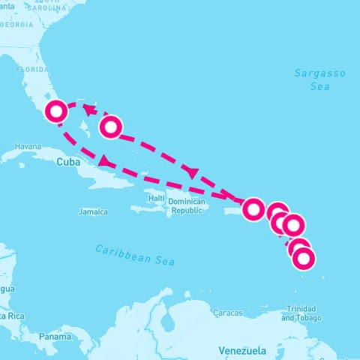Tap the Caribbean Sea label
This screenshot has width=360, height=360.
[x=135, y=255]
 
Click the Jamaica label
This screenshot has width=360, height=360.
[x=93, y=212]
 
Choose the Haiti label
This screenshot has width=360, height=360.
[x=156, y=198]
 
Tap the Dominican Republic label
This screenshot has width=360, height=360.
[x=186, y=206]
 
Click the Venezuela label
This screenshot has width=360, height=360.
[x=242, y=350]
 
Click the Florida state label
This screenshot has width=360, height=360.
[x=32, y=69]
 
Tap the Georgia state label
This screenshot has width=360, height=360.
[x=17, y=25]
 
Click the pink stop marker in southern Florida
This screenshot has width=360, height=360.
[x=56, y=112]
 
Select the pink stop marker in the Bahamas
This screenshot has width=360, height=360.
[x=110, y=127]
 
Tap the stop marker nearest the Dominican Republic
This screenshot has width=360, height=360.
[x=254, y=208]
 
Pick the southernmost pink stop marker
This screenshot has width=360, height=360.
[x=303, y=259]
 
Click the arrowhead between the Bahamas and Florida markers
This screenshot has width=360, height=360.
[x=88, y=110]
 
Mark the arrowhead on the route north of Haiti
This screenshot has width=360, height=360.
[x=192, y=173]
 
